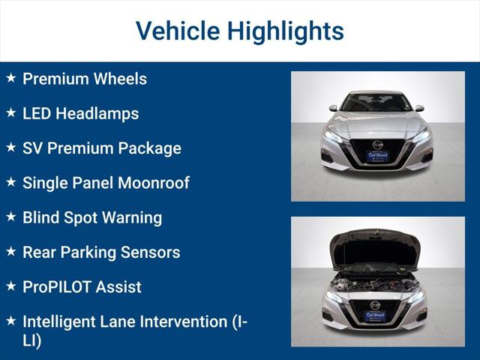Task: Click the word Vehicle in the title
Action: tap(176, 31)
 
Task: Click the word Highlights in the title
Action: tap(286, 31)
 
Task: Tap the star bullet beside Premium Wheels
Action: tap(10, 78)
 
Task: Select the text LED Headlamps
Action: tap(80, 113)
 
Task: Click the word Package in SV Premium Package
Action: tap(150, 148)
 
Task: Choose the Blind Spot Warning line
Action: tap(91, 217)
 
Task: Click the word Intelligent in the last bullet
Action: tap(61, 321)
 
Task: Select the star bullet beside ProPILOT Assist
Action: tap(10, 286)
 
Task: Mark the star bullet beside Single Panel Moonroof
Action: tap(10, 181)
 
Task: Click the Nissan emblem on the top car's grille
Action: tap(377, 145)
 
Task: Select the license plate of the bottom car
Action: tap(375, 316)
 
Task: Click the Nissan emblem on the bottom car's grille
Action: tap(375, 305)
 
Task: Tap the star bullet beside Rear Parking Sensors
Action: tap(10, 251)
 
